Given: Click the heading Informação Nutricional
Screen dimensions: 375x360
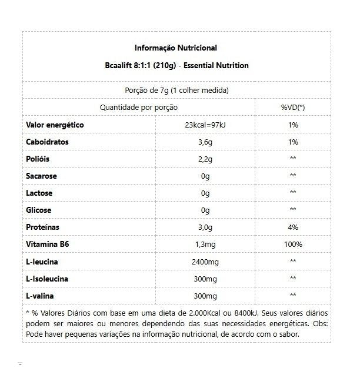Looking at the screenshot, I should (x=176, y=48).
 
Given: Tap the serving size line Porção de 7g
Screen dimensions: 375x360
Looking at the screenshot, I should (x=176, y=91).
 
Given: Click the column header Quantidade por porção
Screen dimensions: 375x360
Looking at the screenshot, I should (x=139, y=108).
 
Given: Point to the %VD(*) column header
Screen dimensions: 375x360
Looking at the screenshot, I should (x=292, y=108).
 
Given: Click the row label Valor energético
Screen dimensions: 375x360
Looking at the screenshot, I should (x=55, y=125).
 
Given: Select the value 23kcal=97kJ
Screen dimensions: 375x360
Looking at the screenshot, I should (x=205, y=125).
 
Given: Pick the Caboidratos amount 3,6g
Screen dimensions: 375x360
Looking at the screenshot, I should (x=205, y=142).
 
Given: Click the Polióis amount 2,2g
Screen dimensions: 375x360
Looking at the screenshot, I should (x=205, y=159).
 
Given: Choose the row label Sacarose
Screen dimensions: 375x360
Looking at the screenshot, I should (x=41, y=176).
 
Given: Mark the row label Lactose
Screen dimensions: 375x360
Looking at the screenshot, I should (x=39, y=193).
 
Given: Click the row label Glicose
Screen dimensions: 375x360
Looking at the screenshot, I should (x=39, y=210).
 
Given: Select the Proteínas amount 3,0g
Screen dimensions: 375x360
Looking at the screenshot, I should (x=205, y=227).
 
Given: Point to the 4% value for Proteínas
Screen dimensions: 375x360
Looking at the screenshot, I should (x=292, y=227).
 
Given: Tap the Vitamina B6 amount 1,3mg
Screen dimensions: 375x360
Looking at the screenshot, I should (x=205, y=244).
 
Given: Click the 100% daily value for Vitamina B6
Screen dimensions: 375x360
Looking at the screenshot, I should (x=292, y=244).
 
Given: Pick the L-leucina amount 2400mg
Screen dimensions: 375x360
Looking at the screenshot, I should (x=205, y=261).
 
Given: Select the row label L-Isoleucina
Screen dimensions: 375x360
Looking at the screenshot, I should (x=48, y=277).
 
